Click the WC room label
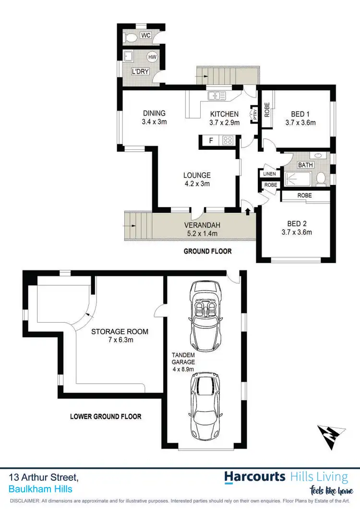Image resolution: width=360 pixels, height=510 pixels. [x=146, y=36]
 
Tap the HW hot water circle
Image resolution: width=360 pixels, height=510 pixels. [x=152, y=57]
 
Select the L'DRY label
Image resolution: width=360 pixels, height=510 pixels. [x=141, y=72]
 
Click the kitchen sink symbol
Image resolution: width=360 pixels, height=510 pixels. [x=217, y=96]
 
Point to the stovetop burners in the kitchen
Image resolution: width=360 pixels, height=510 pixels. [x=228, y=141]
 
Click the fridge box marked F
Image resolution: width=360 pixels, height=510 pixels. [x=211, y=141]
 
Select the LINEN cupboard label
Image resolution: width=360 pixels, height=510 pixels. [x=268, y=173]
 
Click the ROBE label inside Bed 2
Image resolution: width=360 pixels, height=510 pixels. [x=304, y=195]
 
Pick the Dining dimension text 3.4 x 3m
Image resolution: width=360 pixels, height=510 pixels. [x=154, y=122]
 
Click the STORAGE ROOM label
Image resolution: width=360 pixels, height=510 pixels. [x=120, y=331]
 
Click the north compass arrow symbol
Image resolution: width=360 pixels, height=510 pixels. [x=332, y=436]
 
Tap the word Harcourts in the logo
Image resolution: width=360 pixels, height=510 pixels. [x=255, y=477]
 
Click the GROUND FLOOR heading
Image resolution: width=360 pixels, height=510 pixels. [x=208, y=251]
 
